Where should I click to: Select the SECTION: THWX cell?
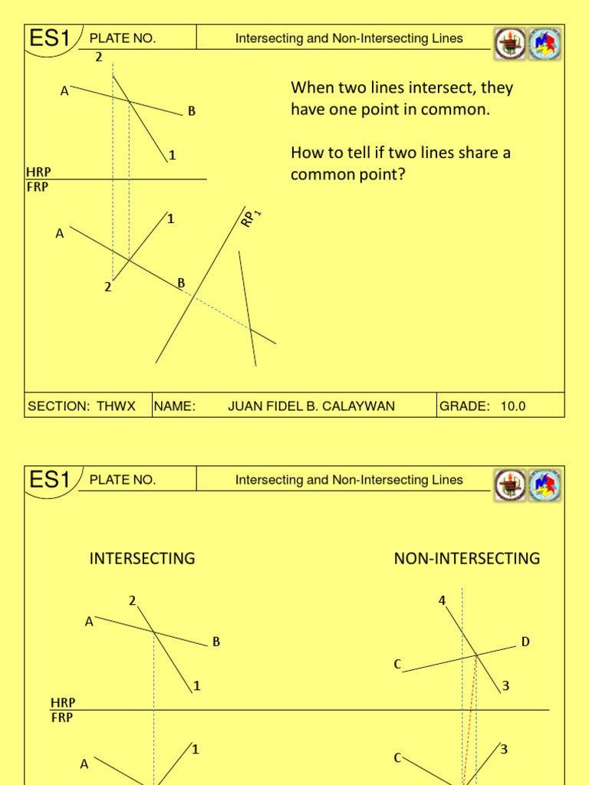coord(81,406)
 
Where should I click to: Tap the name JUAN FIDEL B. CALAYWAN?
coord(311,406)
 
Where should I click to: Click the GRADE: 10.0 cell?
coord(482,406)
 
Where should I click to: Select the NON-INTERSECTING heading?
coord(466,558)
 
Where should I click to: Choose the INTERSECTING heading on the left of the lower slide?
coord(142,558)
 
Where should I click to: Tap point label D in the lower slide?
coord(525,642)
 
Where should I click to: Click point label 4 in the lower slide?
coord(442,600)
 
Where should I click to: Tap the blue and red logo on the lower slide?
coord(547,485)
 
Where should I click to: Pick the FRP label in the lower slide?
coord(62,718)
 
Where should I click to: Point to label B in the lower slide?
coord(216,642)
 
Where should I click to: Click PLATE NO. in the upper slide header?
coord(123,38)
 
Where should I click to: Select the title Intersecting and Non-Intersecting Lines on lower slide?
coord(349,480)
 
